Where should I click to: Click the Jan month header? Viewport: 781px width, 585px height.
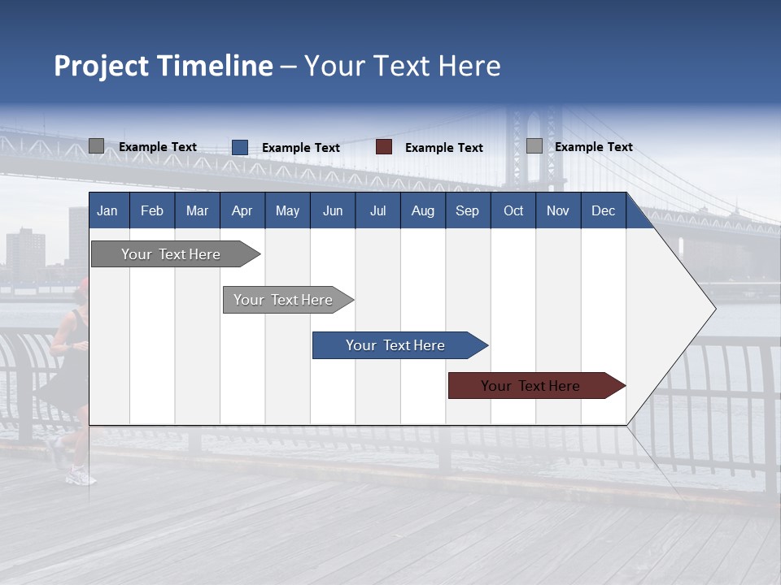click(x=107, y=211)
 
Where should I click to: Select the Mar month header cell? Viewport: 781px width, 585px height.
click(x=197, y=211)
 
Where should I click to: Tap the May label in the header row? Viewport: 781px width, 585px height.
click(x=287, y=211)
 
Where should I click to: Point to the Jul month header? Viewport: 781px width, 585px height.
click(x=377, y=211)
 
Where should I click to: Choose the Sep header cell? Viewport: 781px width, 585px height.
click(x=467, y=211)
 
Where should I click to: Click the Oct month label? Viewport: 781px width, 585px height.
click(x=513, y=211)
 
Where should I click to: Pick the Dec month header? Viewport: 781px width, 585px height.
click(x=603, y=211)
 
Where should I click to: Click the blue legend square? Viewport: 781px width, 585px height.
click(x=240, y=147)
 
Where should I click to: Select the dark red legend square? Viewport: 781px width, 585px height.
click(x=384, y=147)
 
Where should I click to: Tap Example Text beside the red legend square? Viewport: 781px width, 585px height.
click(x=443, y=148)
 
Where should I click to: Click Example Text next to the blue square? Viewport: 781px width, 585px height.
click(x=300, y=148)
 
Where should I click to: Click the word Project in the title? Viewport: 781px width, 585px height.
click(x=101, y=66)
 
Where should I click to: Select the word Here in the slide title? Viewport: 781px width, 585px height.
click(x=469, y=66)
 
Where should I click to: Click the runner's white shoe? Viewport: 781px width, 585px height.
click(x=81, y=477)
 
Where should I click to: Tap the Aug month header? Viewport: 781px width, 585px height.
click(x=422, y=211)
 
